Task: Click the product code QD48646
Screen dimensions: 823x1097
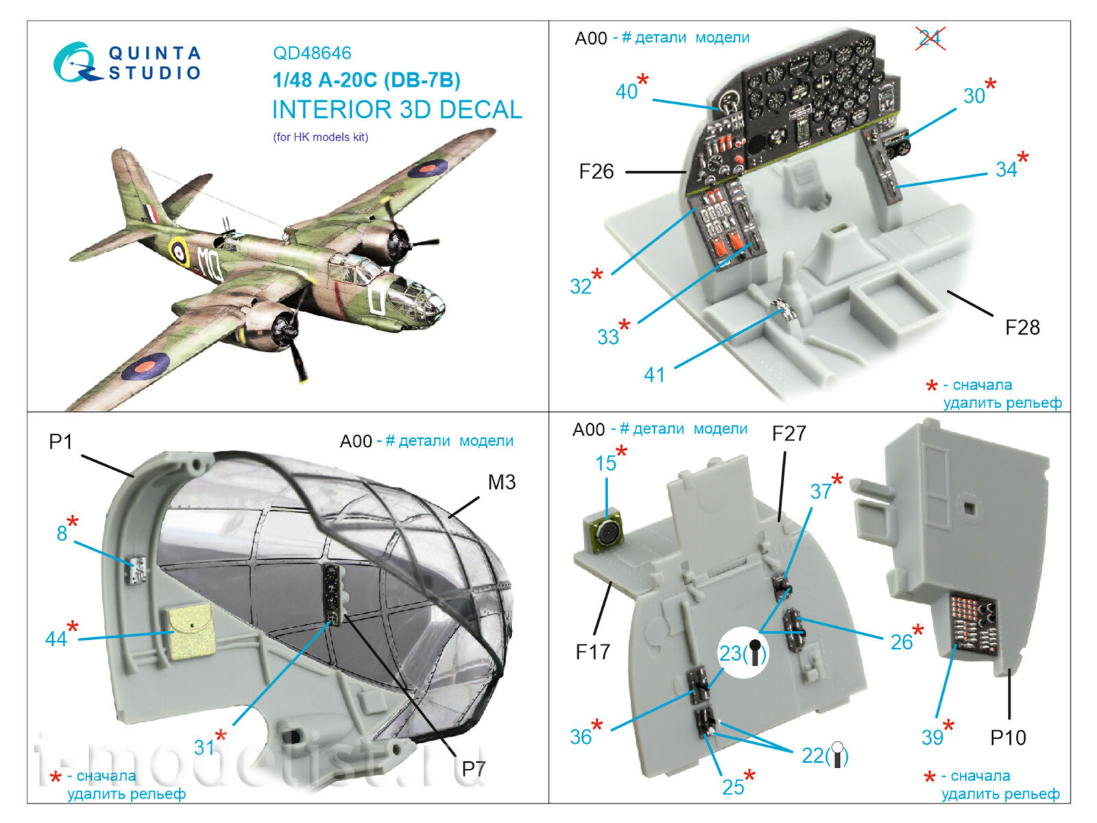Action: point(312,53)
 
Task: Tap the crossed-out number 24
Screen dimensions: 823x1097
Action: point(930,38)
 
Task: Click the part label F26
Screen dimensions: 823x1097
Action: point(596,171)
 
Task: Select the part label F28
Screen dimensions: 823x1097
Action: point(1022,327)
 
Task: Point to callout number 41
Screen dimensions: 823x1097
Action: point(654,374)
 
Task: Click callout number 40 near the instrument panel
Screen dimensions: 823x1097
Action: point(626,91)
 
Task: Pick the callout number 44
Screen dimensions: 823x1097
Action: point(56,639)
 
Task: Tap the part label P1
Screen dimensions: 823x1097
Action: point(60,442)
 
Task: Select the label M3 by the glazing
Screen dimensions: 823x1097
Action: point(501,482)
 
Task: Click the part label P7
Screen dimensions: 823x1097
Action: point(473,769)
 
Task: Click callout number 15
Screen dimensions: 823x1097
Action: point(605,464)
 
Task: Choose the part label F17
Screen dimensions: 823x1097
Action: point(592,651)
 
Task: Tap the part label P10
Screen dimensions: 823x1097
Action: point(1008,737)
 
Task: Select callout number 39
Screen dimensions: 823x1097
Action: point(932,737)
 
